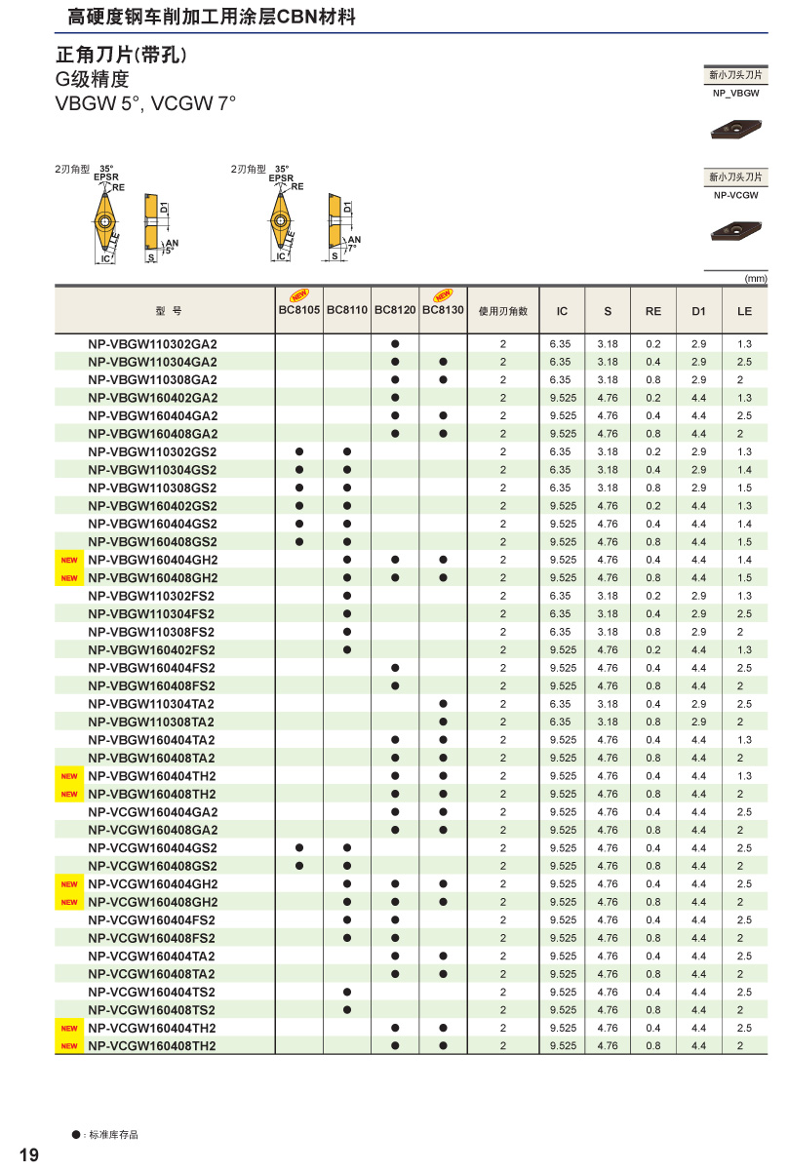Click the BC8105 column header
tap(299, 310)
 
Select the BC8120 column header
tap(395, 310)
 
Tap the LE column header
tap(744, 311)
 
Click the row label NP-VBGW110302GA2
tap(152, 343)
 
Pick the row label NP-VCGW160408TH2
tap(152, 1046)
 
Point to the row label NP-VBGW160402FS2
tap(152, 650)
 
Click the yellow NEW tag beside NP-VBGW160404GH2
tap(69, 561)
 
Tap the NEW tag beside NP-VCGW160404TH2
tap(69, 1029)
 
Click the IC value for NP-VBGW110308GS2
tap(562, 488)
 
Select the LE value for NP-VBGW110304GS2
tap(744, 470)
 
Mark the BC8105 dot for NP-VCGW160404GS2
tap(299, 848)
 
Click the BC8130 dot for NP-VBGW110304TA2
tap(443, 704)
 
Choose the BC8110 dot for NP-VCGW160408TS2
tap(347, 1010)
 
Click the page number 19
tap(29, 1155)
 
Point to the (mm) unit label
tap(756, 278)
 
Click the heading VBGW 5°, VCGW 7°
tap(145, 103)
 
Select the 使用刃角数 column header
tap(503, 311)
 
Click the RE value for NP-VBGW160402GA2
tap(652, 398)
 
